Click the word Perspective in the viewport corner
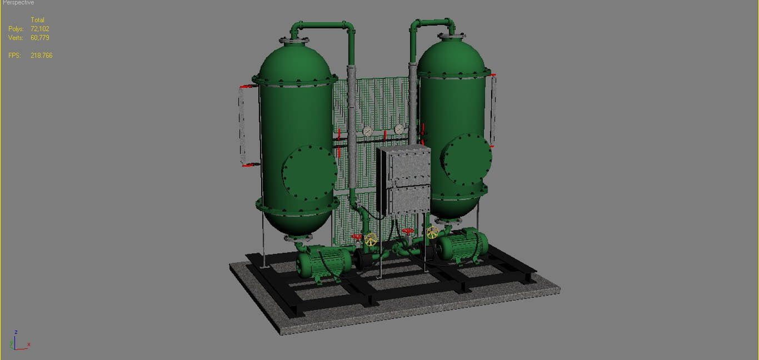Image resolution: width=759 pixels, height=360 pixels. click(x=18, y=3)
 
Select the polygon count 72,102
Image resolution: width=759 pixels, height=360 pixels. click(x=40, y=29)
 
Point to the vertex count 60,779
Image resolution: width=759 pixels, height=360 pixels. click(x=40, y=38)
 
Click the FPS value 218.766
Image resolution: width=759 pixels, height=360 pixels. click(x=42, y=56)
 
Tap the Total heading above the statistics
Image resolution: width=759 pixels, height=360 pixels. click(x=37, y=20)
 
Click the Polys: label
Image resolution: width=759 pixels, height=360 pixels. click(x=15, y=29)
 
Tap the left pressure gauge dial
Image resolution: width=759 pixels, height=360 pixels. click(x=367, y=131)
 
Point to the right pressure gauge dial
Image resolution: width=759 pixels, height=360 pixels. click(x=399, y=129)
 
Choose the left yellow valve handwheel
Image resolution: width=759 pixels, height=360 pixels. click(x=371, y=240)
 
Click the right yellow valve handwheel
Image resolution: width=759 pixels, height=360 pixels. click(x=432, y=232)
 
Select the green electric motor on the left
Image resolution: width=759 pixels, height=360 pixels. click(x=322, y=262)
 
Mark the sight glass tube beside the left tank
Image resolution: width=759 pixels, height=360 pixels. click(x=241, y=126)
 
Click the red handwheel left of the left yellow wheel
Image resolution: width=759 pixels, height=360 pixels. click(x=357, y=237)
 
